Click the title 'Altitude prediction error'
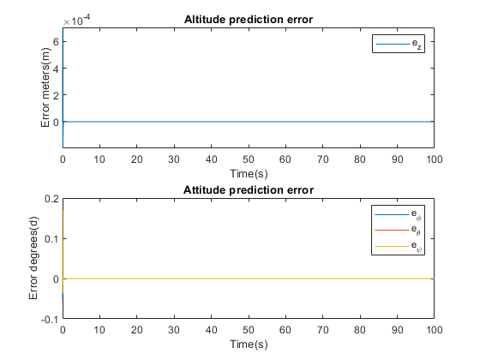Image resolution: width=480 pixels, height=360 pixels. coord(249,20)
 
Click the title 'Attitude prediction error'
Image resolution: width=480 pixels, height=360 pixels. coord(249,190)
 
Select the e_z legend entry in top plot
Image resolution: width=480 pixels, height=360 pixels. coord(399,44)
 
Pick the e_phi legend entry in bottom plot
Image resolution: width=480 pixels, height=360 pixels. coord(398,214)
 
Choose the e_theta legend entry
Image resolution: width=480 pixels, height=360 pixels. coord(398,230)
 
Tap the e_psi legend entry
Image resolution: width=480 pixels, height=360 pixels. coord(398,246)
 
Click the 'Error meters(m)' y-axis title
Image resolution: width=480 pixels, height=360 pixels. coord(45,87)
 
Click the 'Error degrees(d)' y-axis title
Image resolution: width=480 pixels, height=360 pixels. coord(33,258)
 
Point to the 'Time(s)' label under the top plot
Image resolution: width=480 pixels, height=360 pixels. coord(249,174)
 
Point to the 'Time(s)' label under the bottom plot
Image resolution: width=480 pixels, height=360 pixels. coord(249,345)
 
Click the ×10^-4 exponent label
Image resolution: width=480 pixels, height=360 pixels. coord(77,21)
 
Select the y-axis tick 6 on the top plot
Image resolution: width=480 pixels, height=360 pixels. coord(56,41)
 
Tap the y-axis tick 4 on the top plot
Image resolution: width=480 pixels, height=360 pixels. coord(56,68)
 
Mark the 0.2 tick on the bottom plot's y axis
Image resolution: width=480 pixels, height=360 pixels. coord(51,199)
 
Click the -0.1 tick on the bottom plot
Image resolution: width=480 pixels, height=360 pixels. coord(50,320)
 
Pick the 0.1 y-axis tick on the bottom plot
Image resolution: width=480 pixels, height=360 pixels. coord(51,239)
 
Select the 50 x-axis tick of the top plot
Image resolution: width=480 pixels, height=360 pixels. coord(249,159)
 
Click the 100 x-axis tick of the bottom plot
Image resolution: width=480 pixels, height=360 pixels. coord(434,330)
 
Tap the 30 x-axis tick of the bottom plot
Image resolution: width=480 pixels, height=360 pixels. coord(174,330)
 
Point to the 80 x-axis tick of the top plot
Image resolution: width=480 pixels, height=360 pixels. coord(360,159)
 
